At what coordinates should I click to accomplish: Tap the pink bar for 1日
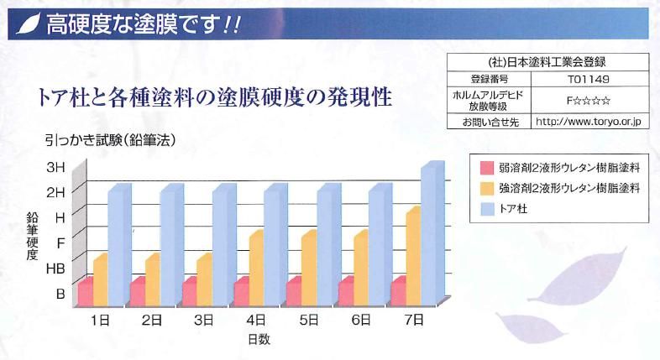tap(85, 294)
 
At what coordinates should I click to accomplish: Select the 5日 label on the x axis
tap(309, 320)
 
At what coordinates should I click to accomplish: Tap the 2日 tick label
tap(152, 320)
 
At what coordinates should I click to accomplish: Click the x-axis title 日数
tap(258, 339)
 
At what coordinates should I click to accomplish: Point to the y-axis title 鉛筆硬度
tap(32, 237)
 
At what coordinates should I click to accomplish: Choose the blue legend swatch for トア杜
tap(485, 206)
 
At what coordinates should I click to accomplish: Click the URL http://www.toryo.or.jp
tap(588, 122)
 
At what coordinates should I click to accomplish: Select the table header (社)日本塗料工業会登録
tap(547, 61)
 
